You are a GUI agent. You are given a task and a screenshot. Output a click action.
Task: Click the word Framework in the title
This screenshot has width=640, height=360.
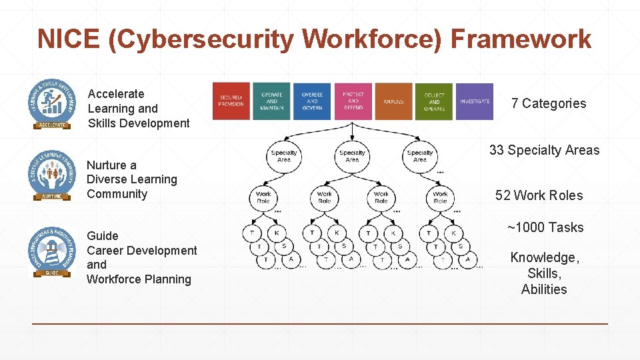pyautogui.click(x=521, y=39)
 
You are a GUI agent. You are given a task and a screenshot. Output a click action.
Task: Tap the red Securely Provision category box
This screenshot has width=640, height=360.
pyautogui.click(x=231, y=101)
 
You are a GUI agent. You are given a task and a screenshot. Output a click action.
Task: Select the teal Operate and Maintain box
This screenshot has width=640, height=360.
pyautogui.click(x=271, y=101)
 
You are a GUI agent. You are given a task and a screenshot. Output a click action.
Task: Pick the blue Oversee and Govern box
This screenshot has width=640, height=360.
pyautogui.click(x=312, y=101)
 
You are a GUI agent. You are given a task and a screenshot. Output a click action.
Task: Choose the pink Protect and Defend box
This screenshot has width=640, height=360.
pyautogui.click(x=353, y=101)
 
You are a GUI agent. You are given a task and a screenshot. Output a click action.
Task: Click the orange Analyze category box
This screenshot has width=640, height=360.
pyautogui.click(x=393, y=101)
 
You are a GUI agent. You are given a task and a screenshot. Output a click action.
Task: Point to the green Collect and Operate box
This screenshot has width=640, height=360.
pyautogui.click(x=434, y=101)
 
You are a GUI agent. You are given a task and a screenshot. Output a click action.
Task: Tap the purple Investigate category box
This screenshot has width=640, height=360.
pyautogui.click(x=475, y=101)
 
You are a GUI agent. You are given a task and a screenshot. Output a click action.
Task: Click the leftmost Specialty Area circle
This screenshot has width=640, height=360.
pyautogui.click(x=284, y=156)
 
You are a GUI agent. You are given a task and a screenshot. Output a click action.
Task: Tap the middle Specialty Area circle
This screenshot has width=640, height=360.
pyautogui.click(x=352, y=156)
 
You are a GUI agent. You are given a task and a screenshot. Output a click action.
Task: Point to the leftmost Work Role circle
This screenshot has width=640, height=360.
pyautogui.click(x=264, y=197)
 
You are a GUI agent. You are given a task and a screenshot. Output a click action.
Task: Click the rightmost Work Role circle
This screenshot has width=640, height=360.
pyautogui.click(x=440, y=197)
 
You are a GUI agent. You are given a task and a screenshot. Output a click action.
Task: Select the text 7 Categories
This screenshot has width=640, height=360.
pyautogui.click(x=549, y=103)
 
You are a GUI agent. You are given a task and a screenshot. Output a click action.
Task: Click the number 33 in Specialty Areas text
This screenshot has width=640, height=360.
pyautogui.click(x=497, y=150)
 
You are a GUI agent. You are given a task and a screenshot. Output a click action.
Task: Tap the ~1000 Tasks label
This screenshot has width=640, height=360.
pyautogui.click(x=545, y=227)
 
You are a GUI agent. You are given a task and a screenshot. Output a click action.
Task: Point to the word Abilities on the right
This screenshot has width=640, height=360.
pyautogui.click(x=544, y=289)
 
